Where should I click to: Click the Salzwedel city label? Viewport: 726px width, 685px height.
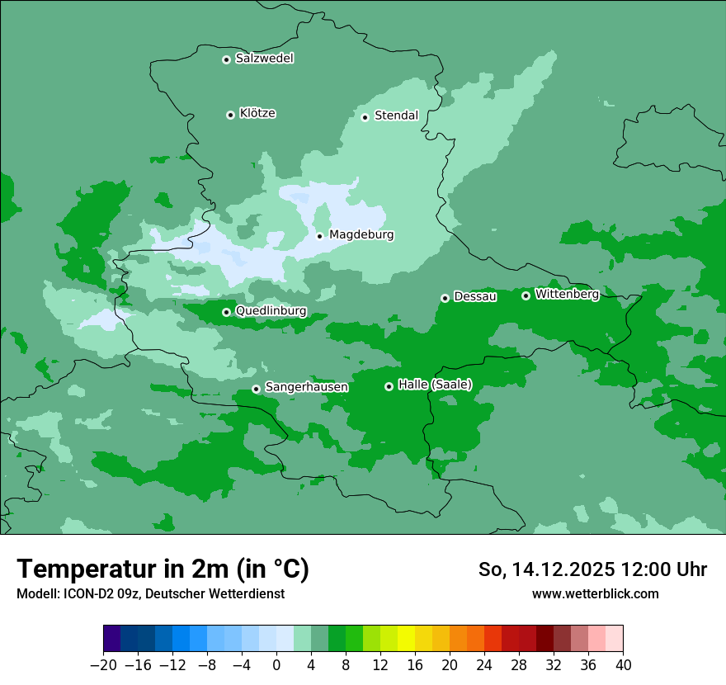tap(264, 59)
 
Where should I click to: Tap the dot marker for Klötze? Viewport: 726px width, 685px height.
tap(230, 115)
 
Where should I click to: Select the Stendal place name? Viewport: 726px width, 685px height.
tap(396, 116)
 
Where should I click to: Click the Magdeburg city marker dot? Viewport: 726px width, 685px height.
tap(319, 236)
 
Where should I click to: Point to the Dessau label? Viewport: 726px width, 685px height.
tap(475, 296)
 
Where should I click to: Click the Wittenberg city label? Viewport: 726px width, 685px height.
tap(567, 294)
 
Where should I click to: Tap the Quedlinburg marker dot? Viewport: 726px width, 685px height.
tap(226, 312)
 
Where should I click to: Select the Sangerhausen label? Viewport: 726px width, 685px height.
tap(306, 387)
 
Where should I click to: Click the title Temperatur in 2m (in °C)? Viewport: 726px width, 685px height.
tap(163, 569)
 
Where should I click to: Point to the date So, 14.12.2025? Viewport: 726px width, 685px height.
tap(547, 569)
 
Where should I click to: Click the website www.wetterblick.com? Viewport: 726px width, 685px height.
tap(595, 593)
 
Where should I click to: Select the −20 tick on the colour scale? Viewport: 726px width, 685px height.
tap(103, 664)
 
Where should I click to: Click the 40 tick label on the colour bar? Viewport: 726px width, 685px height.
tap(623, 664)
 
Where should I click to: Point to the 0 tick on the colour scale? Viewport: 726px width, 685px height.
tap(276, 664)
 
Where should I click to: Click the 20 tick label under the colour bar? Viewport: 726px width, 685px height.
tap(450, 664)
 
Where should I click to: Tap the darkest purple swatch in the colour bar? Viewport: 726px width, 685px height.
tap(111, 639)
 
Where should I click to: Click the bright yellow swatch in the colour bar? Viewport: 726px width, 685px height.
tap(406, 639)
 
